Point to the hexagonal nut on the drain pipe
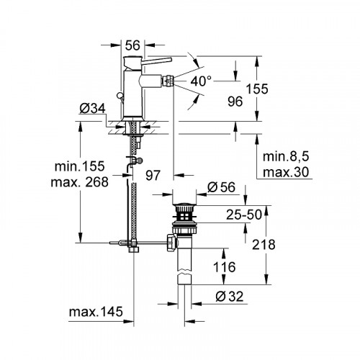[170, 245]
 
